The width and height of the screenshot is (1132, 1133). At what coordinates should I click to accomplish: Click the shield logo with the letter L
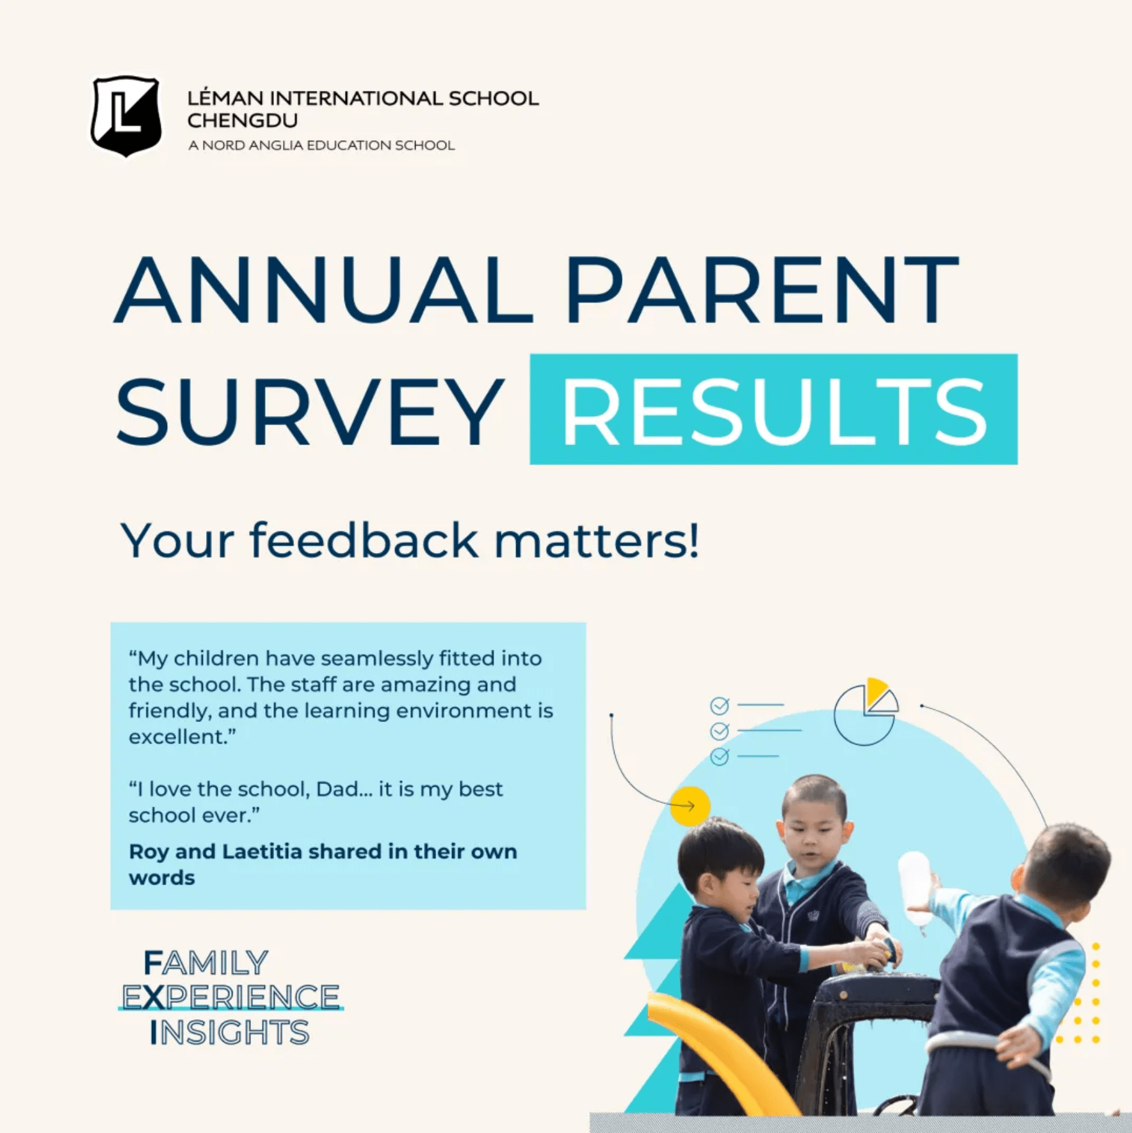click(125, 116)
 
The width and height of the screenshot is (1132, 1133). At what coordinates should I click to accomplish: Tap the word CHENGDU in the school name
click(242, 120)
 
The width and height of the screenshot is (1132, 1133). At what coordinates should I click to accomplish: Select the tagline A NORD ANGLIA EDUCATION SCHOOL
click(321, 145)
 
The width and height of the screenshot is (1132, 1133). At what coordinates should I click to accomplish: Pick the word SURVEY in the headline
click(310, 411)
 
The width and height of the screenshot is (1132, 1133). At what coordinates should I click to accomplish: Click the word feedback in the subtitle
click(364, 541)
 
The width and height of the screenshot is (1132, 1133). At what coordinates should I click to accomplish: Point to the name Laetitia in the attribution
click(261, 852)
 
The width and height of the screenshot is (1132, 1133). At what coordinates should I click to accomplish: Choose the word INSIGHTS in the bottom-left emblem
click(229, 1033)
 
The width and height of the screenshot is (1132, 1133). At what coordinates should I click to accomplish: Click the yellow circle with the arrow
click(690, 806)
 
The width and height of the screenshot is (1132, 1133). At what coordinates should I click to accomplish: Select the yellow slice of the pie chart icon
click(876, 691)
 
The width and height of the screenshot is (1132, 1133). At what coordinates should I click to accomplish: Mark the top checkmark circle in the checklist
click(720, 705)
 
